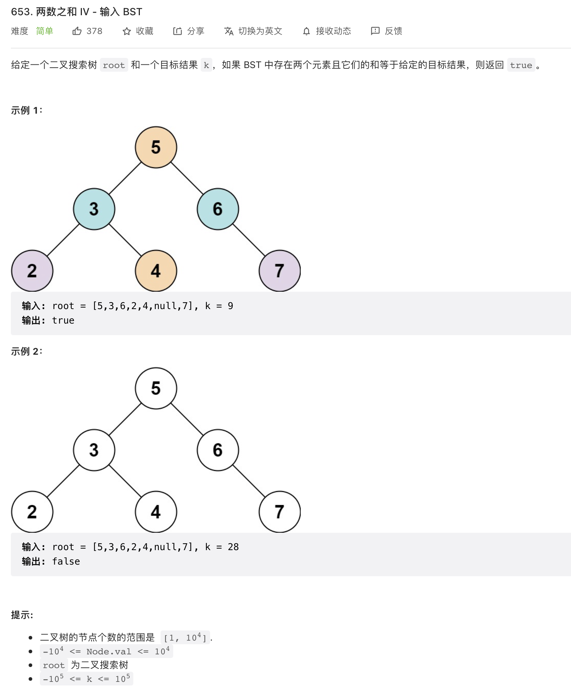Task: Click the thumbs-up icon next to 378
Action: tap(77, 31)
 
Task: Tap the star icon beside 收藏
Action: tap(126, 31)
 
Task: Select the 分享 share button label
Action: tap(195, 31)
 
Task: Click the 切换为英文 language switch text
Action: tap(260, 31)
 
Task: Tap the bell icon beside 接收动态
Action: tap(307, 31)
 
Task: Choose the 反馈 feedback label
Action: tap(393, 31)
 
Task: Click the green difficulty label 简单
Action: tap(45, 31)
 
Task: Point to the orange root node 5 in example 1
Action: tap(156, 147)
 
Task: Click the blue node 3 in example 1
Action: tap(94, 209)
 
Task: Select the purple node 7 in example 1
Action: tap(279, 271)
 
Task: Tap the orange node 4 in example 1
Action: tap(156, 271)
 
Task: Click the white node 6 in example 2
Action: tap(217, 450)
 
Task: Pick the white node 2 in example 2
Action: tap(32, 512)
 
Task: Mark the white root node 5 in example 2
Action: tap(156, 388)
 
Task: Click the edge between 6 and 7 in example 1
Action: tap(249, 240)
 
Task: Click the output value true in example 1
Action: tap(63, 321)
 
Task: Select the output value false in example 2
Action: tap(66, 562)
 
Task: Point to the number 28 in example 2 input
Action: tap(233, 547)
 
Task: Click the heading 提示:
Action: tap(22, 615)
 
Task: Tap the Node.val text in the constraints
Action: tap(109, 652)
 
